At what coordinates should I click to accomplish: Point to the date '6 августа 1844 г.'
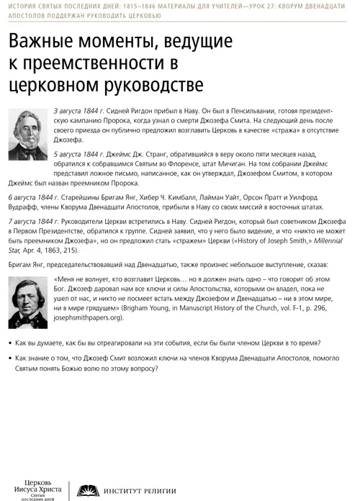(32, 197)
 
